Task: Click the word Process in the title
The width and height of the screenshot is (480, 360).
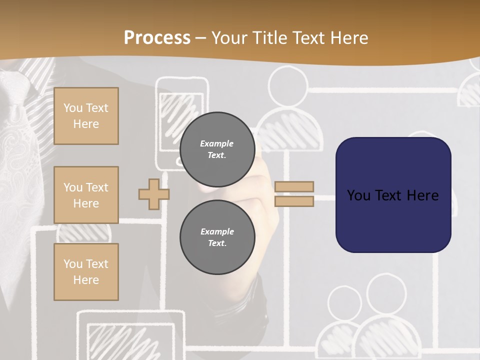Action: [157, 37]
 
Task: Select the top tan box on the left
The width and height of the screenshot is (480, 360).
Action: [86, 116]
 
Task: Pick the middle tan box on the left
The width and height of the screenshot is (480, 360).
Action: [86, 195]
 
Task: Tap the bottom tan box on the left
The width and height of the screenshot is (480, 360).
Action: [86, 271]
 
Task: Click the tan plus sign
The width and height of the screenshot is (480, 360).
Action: [153, 194]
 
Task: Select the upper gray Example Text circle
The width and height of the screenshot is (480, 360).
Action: [217, 149]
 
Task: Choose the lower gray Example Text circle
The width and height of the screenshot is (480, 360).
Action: [217, 237]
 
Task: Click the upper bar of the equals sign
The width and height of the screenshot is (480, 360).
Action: [294, 186]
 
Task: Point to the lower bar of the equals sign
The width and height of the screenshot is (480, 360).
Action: [294, 201]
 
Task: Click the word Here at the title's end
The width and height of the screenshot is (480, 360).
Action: [351, 37]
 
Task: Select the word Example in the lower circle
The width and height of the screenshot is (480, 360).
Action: [217, 231]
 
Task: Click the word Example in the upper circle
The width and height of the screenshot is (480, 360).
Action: [216, 143]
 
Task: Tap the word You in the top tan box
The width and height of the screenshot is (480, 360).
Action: [73, 108]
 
